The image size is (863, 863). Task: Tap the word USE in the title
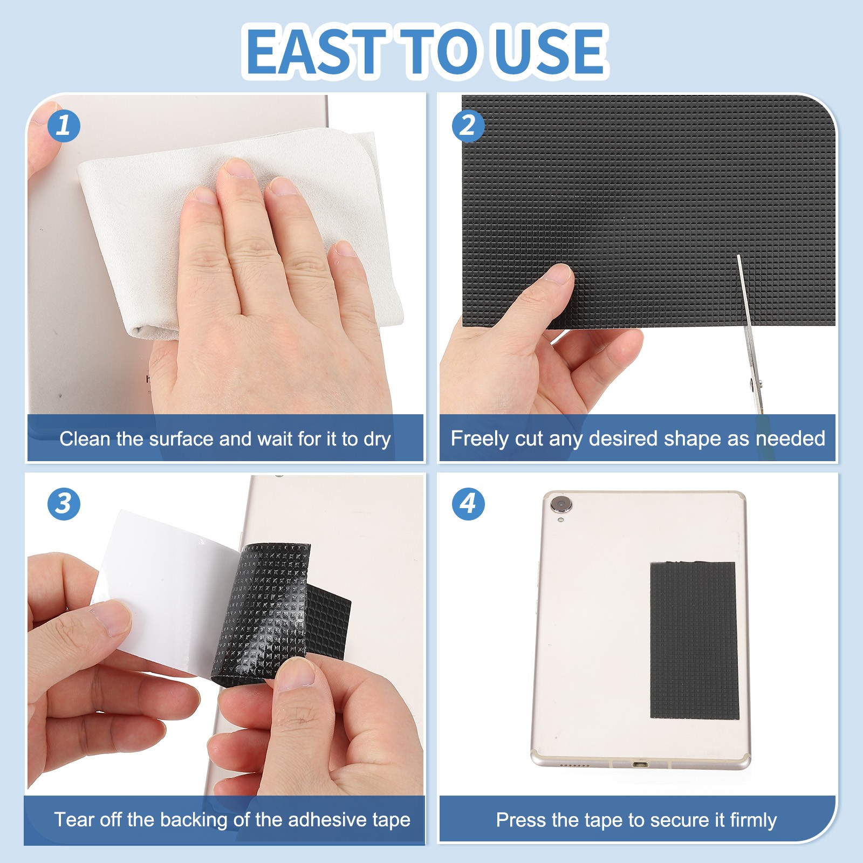549,51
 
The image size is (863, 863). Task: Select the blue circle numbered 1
64,126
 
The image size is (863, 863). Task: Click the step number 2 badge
468,126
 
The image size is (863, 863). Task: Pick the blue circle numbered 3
64,504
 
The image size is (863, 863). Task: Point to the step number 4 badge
468,504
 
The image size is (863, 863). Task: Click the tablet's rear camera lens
561,505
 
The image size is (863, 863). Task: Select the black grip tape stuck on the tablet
694,640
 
